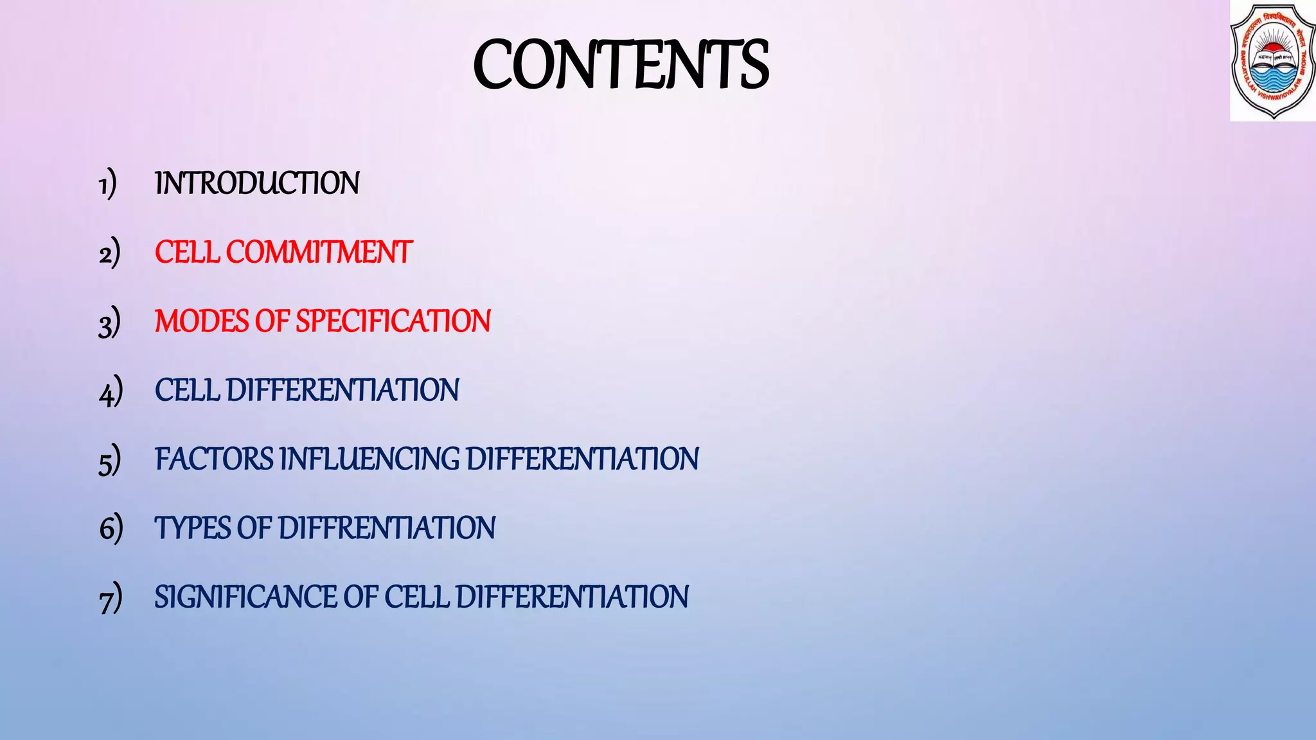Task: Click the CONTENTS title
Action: (x=621, y=64)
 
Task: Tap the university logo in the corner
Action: (x=1272, y=61)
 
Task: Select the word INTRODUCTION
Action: (x=257, y=184)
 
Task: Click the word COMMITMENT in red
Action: (x=319, y=252)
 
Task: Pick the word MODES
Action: (x=201, y=321)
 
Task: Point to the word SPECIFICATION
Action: (x=393, y=321)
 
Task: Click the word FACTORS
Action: (x=215, y=459)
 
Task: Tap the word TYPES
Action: (x=192, y=528)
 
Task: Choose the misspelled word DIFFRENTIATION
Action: (x=387, y=528)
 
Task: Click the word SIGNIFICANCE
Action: (x=245, y=597)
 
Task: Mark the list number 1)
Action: (x=107, y=184)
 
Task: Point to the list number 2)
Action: (x=109, y=253)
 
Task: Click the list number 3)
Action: (x=109, y=322)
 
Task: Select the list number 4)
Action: (x=111, y=391)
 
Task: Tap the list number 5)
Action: (x=109, y=460)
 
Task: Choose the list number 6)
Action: (x=111, y=529)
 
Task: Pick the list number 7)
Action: (x=110, y=598)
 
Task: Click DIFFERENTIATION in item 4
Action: (x=342, y=391)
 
